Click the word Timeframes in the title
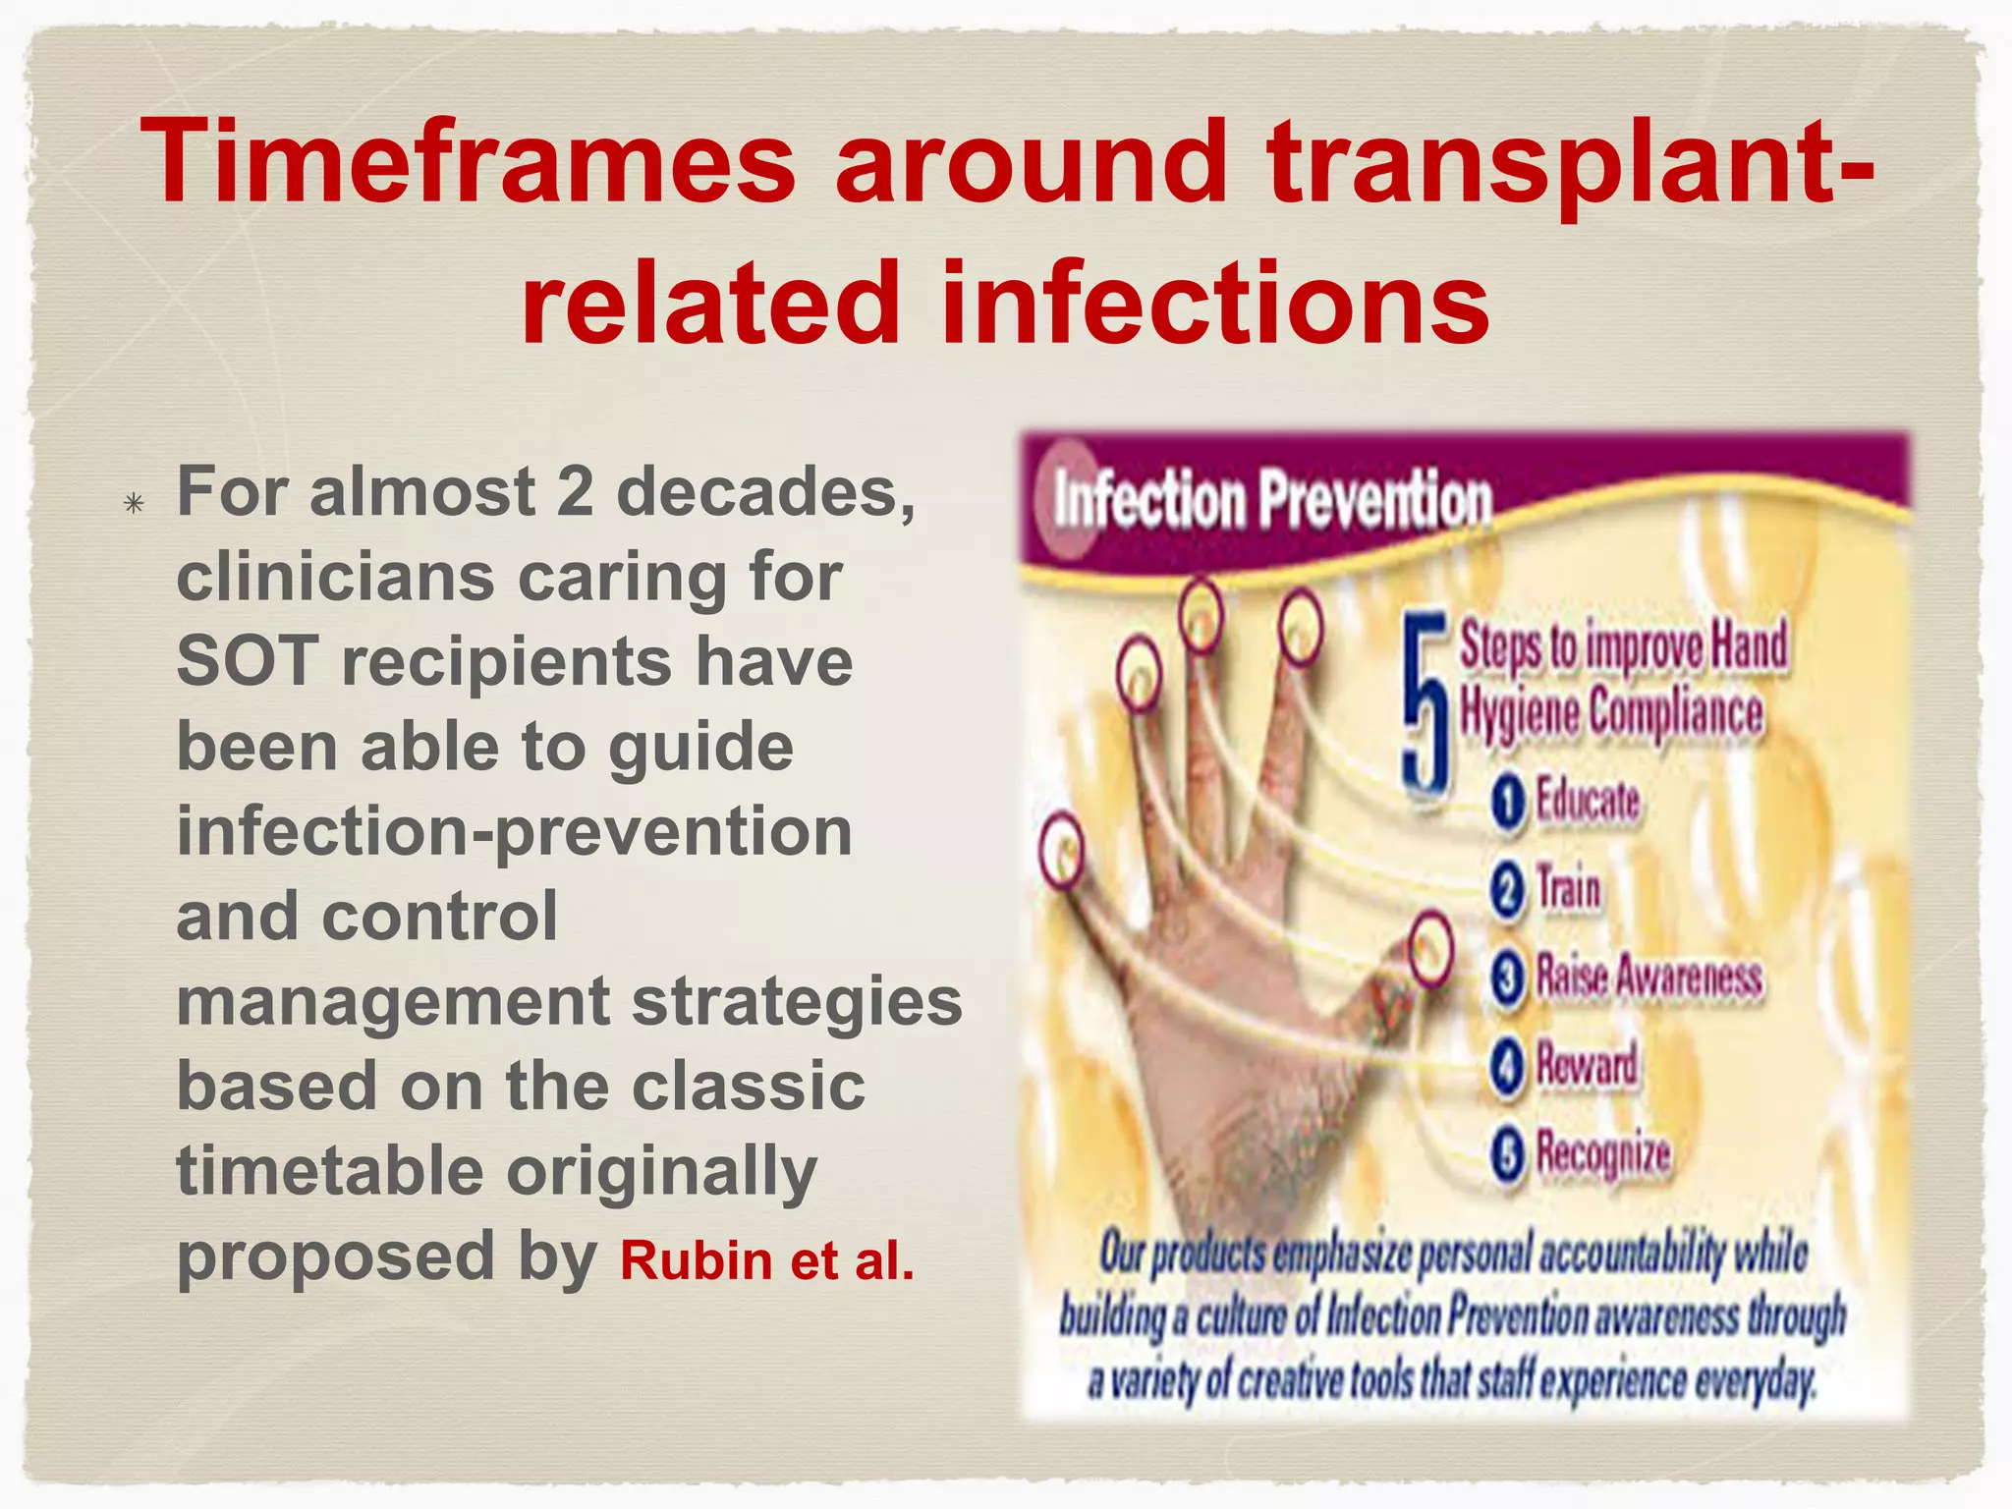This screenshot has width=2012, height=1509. click(x=468, y=162)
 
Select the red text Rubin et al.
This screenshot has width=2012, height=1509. click(x=766, y=1260)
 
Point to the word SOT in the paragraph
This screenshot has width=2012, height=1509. click(x=248, y=661)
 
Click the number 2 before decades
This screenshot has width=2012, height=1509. click(x=575, y=491)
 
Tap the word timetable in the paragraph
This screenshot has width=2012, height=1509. click(x=330, y=1170)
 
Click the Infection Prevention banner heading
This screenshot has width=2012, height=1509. click(x=1272, y=499)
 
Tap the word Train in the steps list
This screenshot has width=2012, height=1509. click(x=1569, y=889)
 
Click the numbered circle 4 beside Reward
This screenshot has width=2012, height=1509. click(x=1508, y=1067)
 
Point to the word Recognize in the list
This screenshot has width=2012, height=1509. click(x=1603, y=1152)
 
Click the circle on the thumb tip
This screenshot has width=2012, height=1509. click(x=1430, y=949)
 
